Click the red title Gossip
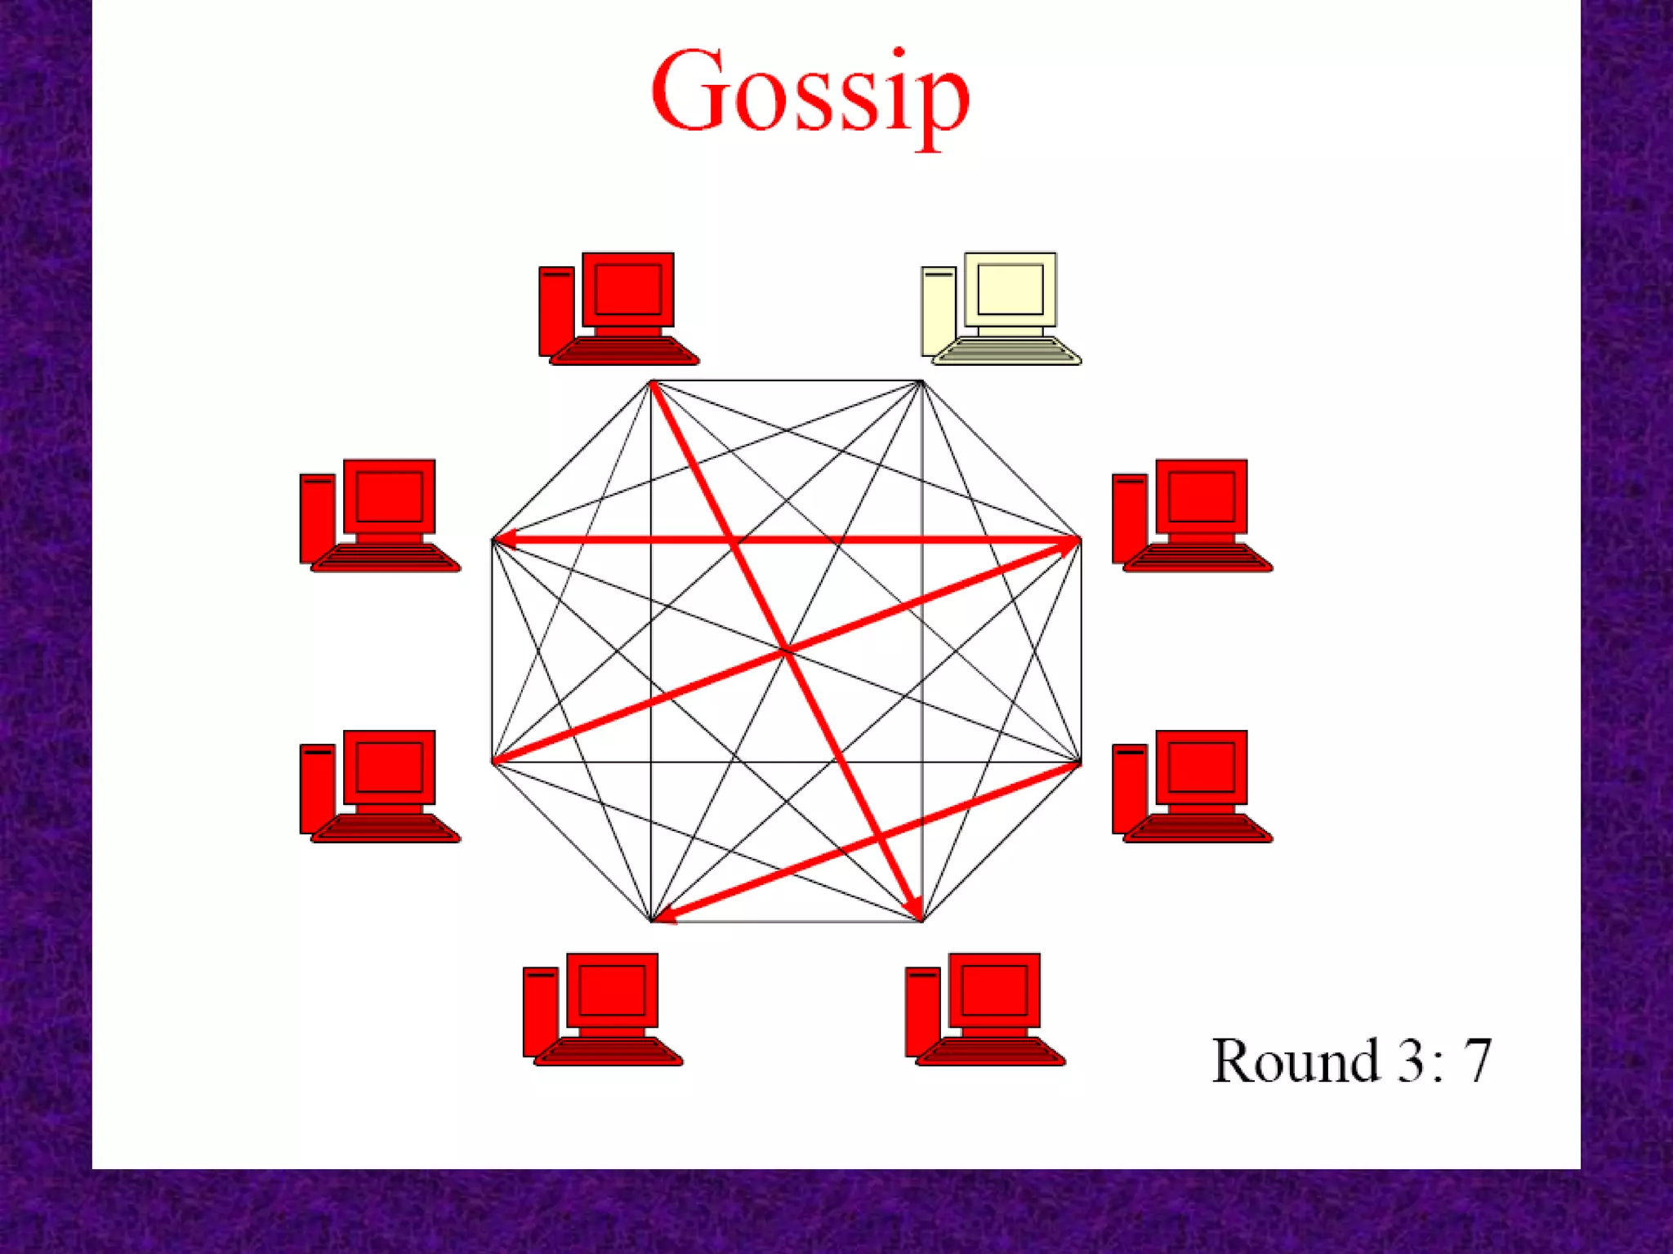coord(810,94)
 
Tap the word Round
coord(1296,1061)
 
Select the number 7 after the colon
coord(1477,1061)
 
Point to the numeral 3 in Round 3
coord(1411,1061)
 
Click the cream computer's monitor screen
coord(1010,289)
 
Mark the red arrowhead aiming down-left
coord(667,915)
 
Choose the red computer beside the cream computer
coord(618,309)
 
